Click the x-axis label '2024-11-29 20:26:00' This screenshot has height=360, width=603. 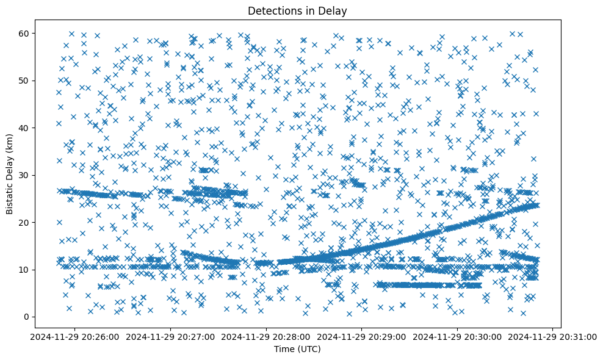click(x=76, y=336)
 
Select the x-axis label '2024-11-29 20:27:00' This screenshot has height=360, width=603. click(x=171, y=336)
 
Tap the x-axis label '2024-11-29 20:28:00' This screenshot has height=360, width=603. click(x=267, y=336)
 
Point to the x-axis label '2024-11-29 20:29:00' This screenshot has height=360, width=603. click(x=362, y=336)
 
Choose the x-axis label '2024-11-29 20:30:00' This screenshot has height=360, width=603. click(x=457, y=336)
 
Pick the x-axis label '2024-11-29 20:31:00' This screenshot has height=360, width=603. click(x=553, y=336)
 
